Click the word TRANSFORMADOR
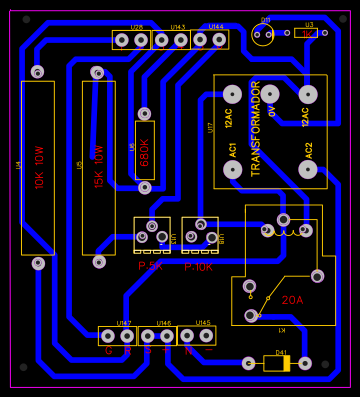256,129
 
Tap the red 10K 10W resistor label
40,167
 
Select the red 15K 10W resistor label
99,167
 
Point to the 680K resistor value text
145,151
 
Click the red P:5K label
150,267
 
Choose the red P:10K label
198,267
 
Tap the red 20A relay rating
292,300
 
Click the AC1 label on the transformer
233,149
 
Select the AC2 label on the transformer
309,149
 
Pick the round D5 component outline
263,36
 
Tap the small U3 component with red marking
307,33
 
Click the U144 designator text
216,27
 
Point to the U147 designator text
124,323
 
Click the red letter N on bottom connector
188,351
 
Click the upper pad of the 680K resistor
144,114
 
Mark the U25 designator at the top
136,27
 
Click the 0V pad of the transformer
270,94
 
